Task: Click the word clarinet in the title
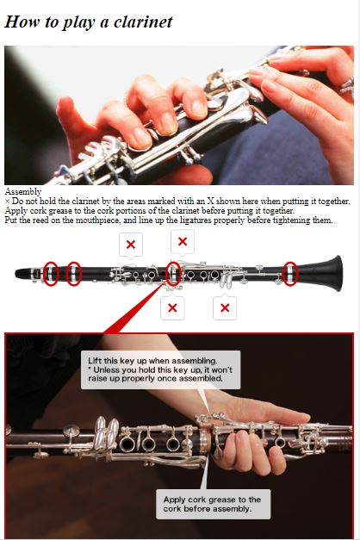(x=143, y=22)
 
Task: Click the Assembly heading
(x=23, y=192)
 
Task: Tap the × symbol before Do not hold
(x=7, y=202)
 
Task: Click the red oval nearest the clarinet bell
(x=290, y=274)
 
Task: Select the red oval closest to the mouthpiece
(x=51, y=274)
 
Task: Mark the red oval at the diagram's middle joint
(x=174, y=274)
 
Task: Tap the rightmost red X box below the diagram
(x=225, y=307)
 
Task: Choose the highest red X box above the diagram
(x=183, y=242)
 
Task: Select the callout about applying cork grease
(x=214, y=504)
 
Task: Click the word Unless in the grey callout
(x=107, y=369)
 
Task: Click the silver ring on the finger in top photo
(x=348, y=86)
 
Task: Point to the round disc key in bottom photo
(x=71, y=430)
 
